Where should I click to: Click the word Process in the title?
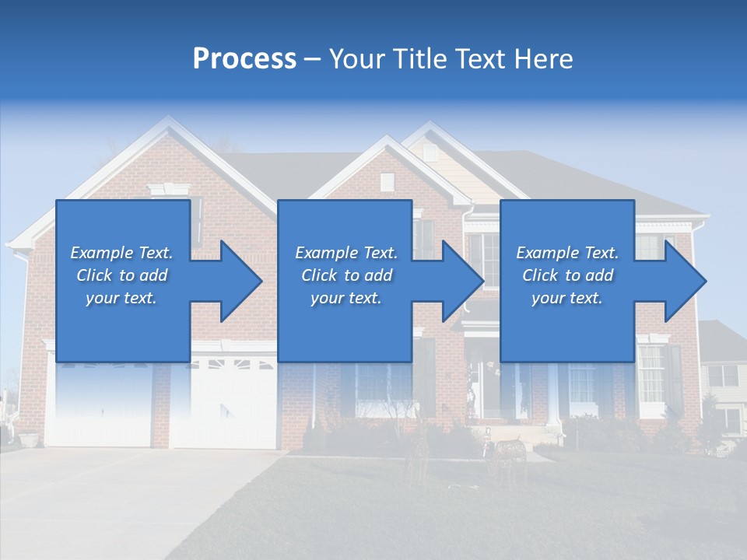pos(244,59)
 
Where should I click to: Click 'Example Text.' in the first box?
pos(121,253)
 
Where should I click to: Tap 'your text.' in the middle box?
pos(345,298)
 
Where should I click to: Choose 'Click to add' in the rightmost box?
pos(567,275)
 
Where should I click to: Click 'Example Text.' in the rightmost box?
pos(567,253)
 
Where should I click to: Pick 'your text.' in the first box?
pos(121,298)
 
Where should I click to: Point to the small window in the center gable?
pos(387,182)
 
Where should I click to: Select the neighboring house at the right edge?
pos(724,381)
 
